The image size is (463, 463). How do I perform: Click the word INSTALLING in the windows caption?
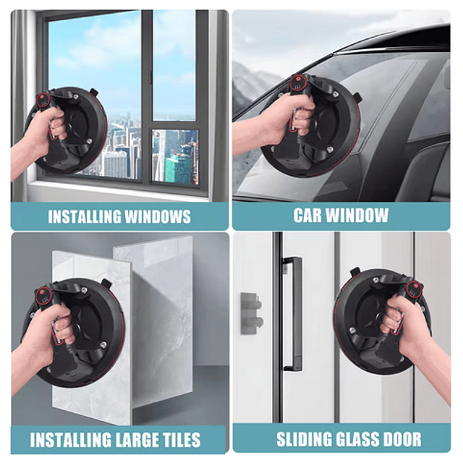[84, 217]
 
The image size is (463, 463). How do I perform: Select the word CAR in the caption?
[308, 216]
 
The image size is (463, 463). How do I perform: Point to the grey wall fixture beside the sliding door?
[251, 313]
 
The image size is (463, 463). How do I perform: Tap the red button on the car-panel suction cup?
[298, 79]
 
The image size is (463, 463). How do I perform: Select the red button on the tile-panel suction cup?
[42, 292]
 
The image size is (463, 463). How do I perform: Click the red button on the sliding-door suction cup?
[412, 286]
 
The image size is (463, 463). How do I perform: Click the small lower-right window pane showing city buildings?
[175, 156]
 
